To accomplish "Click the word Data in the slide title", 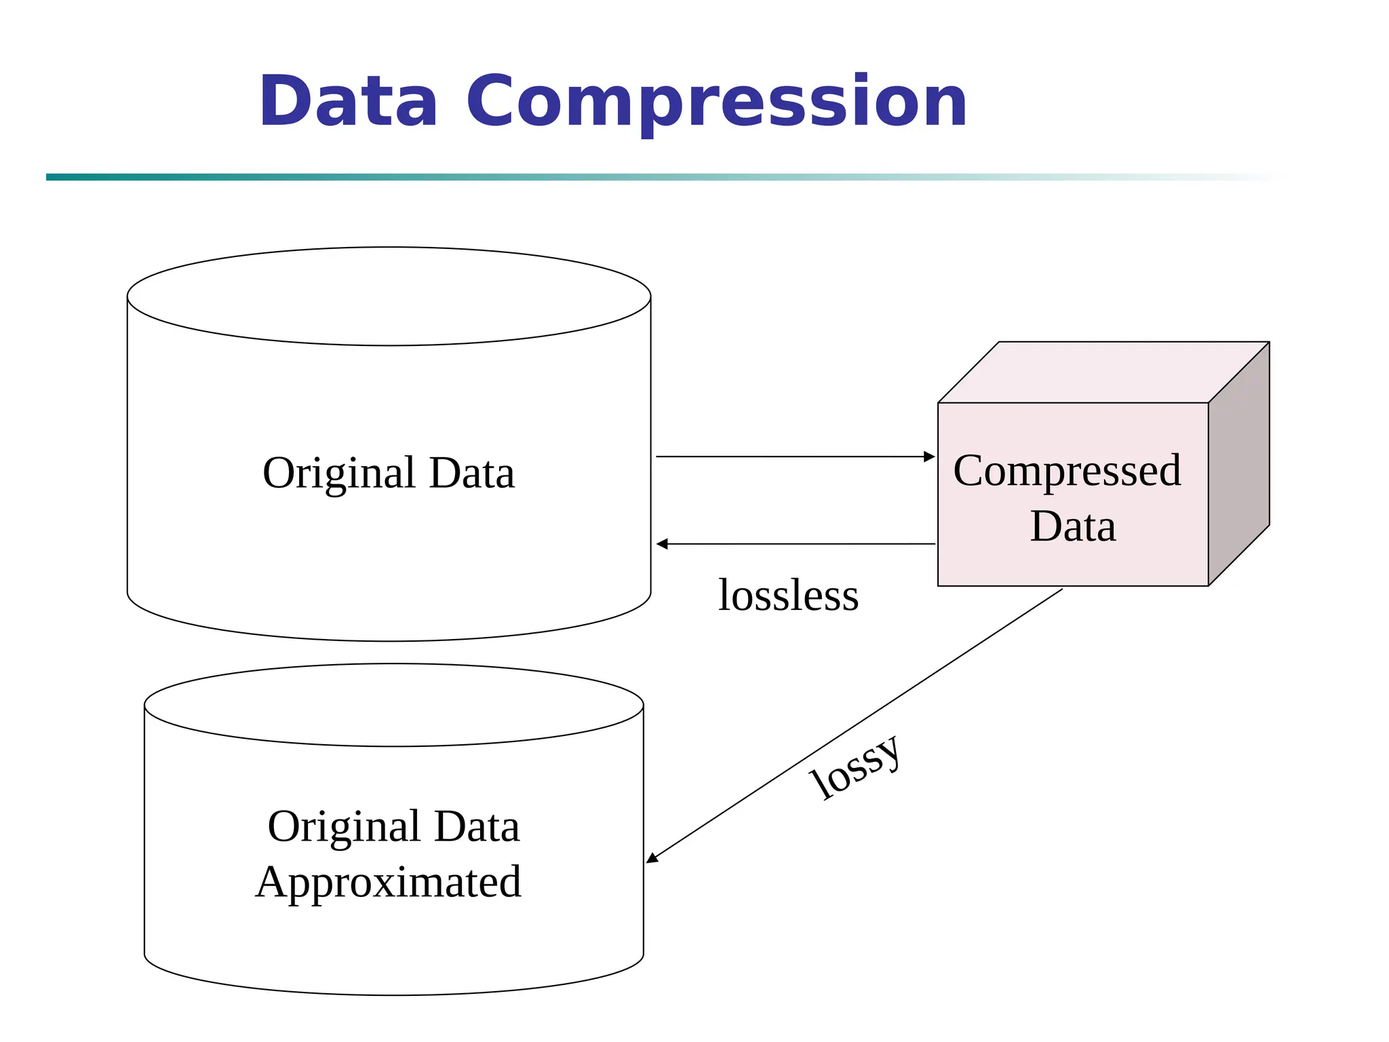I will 348,102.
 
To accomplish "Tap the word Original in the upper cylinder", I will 338,474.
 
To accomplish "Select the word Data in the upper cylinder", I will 472,473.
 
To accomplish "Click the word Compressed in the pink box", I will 1067,470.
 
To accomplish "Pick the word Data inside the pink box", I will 1072,526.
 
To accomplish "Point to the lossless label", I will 788,596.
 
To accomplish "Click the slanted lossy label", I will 856,769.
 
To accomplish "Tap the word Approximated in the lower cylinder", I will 389,883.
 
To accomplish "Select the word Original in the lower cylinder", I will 344,827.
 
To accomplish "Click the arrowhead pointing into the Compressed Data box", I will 930,457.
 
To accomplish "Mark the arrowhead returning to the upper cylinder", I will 662,544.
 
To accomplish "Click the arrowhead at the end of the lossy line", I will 652,859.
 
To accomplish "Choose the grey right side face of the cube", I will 1238,465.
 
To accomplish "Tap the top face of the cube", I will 1103,372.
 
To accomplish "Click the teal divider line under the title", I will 475,177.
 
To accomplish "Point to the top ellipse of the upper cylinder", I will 389,296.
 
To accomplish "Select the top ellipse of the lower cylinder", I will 393,705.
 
